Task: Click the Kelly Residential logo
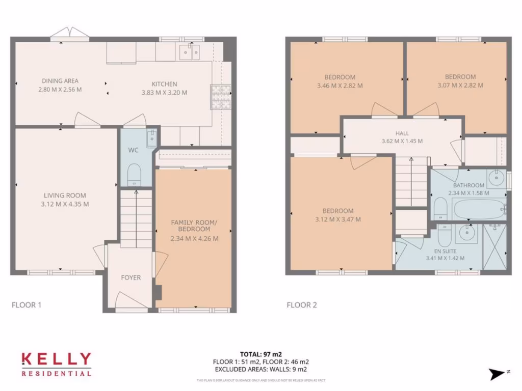[56, 364]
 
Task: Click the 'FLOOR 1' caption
[26, 305]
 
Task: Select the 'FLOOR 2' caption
[302, 305]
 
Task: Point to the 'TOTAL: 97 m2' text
[260, 354]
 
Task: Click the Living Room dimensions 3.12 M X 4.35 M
[65, 205]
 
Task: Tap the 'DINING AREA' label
[60, 81]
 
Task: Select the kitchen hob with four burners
[220, 97]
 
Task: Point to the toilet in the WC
[134, 174]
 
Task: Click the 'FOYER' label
[130, 277]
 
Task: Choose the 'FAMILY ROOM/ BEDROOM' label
[194, 226]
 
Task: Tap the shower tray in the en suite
[494, 246]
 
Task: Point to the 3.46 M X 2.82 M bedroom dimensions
[340, 86]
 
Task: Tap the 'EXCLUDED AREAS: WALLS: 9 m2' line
[260, 369]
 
